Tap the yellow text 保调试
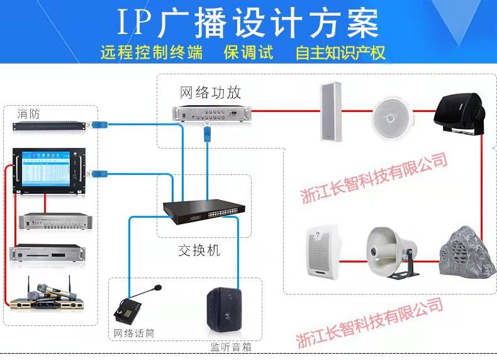[249, 52]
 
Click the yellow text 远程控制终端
[151, 52]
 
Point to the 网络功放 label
[210, 93]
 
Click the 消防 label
[28, 114]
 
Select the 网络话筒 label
[134, 332]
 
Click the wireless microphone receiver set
[45, 297]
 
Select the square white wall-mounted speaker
[323, 250]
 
